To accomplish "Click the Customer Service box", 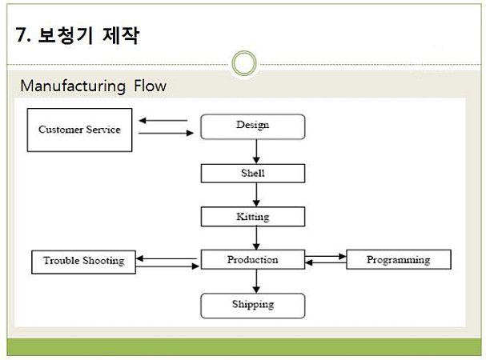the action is coord(79,130).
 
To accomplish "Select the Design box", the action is coord(253,126).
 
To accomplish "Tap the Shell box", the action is coord(253,173).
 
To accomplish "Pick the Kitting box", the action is coord(253,217).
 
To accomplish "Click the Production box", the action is coord(253,260).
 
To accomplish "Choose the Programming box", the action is coord(398,260).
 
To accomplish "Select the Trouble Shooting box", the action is coord(84,262).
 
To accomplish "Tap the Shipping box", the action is coord(253,306).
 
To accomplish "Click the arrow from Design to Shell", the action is coord(256,151).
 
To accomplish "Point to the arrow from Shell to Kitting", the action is coord(256,194).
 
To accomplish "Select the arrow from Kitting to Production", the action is coord(256,238).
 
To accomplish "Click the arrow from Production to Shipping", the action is coord(256,281).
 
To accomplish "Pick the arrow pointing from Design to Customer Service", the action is coord(163,121).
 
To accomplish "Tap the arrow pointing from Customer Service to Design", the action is coord(166,134).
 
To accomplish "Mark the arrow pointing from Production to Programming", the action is coord(325,256).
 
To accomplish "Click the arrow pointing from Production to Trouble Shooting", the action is coord(166,258).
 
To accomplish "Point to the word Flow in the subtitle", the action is coord(150,86).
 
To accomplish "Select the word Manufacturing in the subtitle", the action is coord(73,86).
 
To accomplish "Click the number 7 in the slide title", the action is coord(21,35).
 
